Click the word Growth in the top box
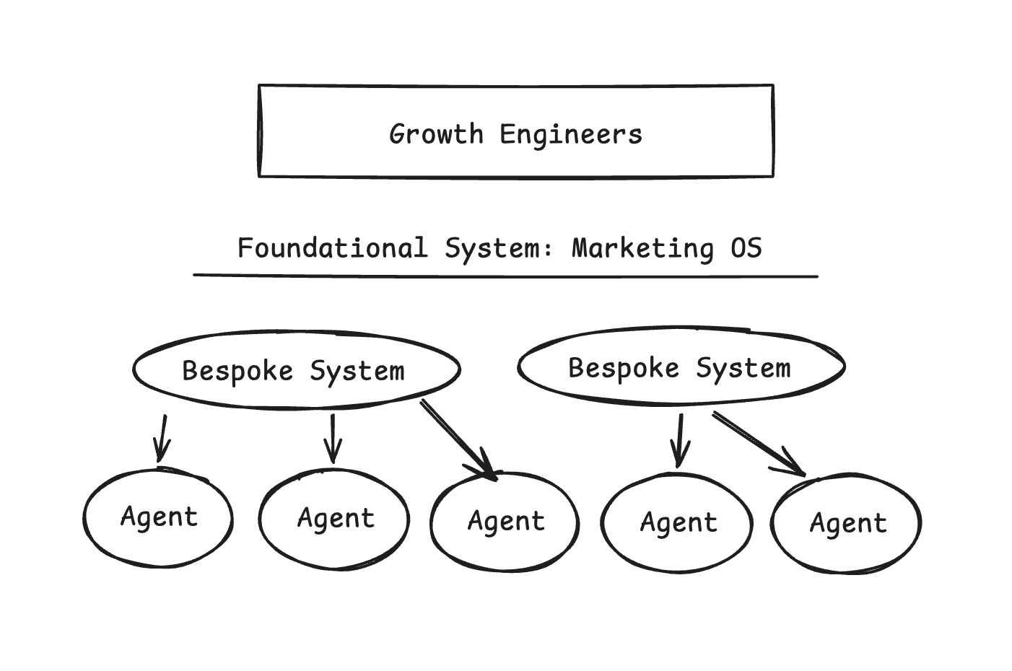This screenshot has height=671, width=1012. [x=437, y=135]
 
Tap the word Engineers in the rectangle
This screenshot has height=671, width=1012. [x=571, y=135]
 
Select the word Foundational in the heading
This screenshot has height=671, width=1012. [x=333, y=248]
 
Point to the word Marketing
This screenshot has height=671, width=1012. [x=643, y=249]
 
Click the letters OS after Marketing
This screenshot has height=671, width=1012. [x=746, y=248]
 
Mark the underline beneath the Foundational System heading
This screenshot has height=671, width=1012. [x=505, y=276]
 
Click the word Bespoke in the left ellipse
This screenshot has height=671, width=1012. [x=237, y=371]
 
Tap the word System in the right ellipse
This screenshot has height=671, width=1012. [x=743, y=369]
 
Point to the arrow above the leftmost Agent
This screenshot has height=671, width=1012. [x=162, y=439]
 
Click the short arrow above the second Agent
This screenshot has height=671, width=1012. [x=333, y=439]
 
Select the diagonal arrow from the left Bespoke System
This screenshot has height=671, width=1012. [x=459, y=441]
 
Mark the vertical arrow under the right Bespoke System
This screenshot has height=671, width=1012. [x=679, y=441]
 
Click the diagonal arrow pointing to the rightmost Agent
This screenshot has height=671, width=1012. [x=759, y=444]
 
